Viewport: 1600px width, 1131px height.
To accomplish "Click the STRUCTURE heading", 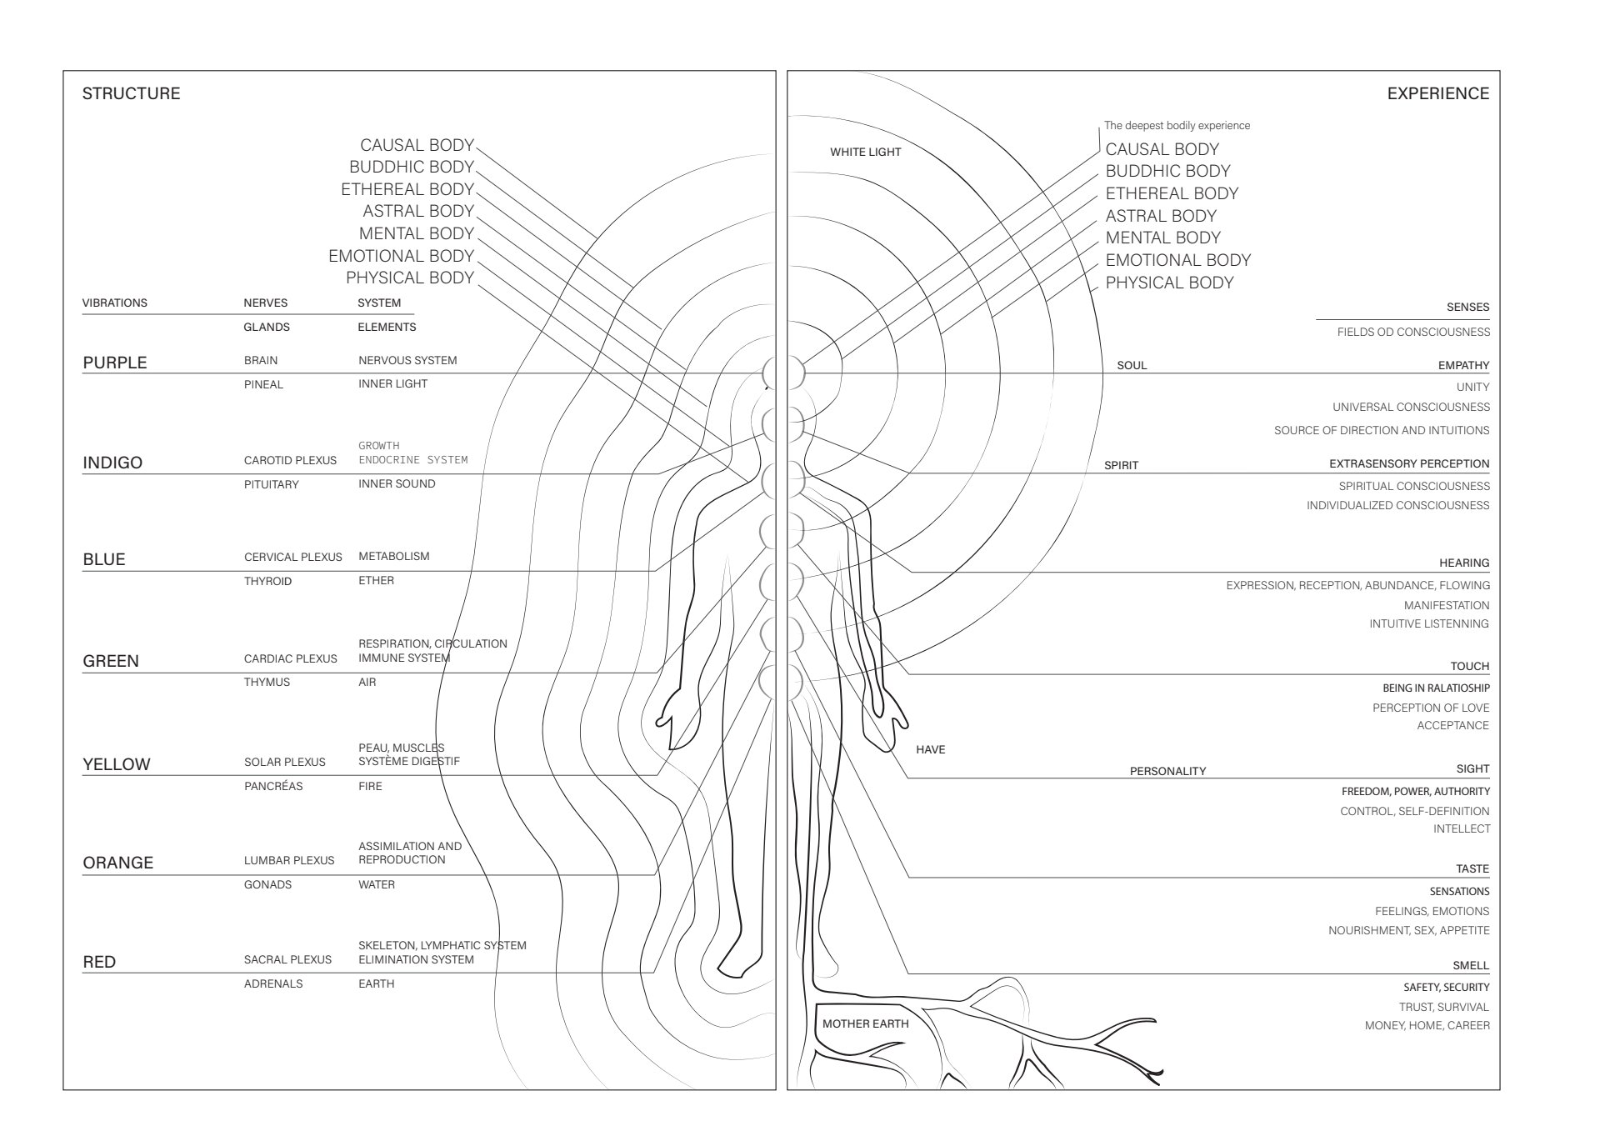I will click(131, 93).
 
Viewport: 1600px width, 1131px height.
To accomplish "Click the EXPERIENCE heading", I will click(1437, 93).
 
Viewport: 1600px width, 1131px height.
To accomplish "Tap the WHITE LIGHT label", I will click(865, 152).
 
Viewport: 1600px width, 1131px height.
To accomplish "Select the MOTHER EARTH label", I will click(865, 1023).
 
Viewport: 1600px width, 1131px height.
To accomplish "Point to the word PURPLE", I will click(114, 363).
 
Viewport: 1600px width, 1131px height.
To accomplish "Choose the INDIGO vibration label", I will click(112, 463).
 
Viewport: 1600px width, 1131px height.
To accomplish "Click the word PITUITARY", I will click(271, 484).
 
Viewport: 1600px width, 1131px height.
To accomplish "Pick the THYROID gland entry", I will click(267, 581).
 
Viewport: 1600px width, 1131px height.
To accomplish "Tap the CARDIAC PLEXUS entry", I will click(290, 658).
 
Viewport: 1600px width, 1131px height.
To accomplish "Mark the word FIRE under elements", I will click(370, 786).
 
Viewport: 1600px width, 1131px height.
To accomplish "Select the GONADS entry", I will click(267, 884).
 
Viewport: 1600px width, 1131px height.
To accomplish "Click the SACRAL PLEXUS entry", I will click(287, 959).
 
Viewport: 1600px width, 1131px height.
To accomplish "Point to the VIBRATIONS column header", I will click(114, 303).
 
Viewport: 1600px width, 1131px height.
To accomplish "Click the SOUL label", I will click(1131, 365).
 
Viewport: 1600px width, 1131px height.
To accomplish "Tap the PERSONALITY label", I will click(1167, 771).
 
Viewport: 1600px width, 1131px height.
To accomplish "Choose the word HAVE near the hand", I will click(930, 749).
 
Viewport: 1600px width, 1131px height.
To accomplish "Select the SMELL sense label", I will click(1470, 965).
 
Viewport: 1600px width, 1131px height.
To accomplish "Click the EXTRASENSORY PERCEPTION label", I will click(1408, 463).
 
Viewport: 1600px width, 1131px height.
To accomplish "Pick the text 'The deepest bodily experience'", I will click(1177, 125).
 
